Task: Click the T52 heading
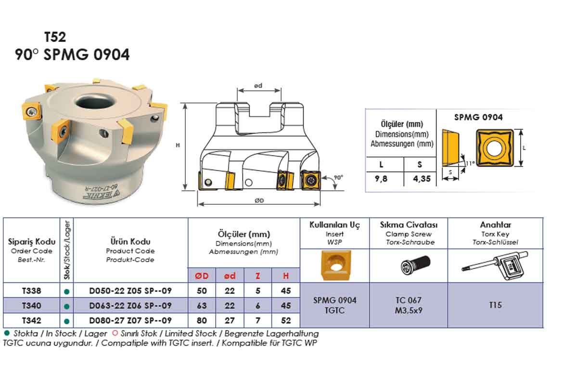tap(55, 37)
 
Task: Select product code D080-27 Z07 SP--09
tap(130, 320)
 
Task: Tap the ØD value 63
tap(202, 305)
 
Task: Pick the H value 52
tap(286, 320)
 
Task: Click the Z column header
tap(258, 276)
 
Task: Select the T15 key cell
tap(495, 305)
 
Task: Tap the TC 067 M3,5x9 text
tap(409, 305)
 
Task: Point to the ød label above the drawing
tap(258, 86)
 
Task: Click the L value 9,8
tap(381, 179)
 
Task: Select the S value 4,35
tap(420, 179)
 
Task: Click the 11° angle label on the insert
tap(470, 163)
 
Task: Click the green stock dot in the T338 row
tap(67, 291)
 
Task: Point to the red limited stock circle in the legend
tap(115, 333)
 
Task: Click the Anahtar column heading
tap(495, 225)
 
